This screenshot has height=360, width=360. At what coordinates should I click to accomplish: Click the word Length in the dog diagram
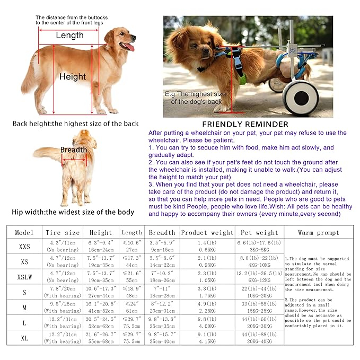(69, 36)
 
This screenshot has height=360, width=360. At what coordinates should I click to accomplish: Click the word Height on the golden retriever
(73, 77)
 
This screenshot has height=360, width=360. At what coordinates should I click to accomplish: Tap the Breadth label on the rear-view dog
(73, 150)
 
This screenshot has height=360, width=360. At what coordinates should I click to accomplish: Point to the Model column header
(24, 232)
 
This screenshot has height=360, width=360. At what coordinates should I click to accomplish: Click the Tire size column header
(63, 232)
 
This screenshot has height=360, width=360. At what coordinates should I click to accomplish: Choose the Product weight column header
(207, 232)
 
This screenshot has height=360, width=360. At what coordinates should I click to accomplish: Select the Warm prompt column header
(319, 232)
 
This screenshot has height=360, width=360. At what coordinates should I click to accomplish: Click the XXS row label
(24, 247)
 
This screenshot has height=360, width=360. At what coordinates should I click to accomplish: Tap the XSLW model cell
(24, 277)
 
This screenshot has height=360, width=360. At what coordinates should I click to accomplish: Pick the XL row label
(24, 338)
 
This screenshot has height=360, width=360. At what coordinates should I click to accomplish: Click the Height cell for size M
(101, 308)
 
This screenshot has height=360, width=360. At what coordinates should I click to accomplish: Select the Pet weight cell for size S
(261, 292)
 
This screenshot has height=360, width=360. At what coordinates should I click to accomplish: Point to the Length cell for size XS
(131, 261)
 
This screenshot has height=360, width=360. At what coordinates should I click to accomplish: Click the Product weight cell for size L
(207, 322)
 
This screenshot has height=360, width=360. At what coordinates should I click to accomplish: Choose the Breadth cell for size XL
(162, 338)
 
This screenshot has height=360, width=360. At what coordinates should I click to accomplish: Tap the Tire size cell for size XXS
(63, 247)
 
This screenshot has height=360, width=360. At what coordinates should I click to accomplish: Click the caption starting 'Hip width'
(73, 212)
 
